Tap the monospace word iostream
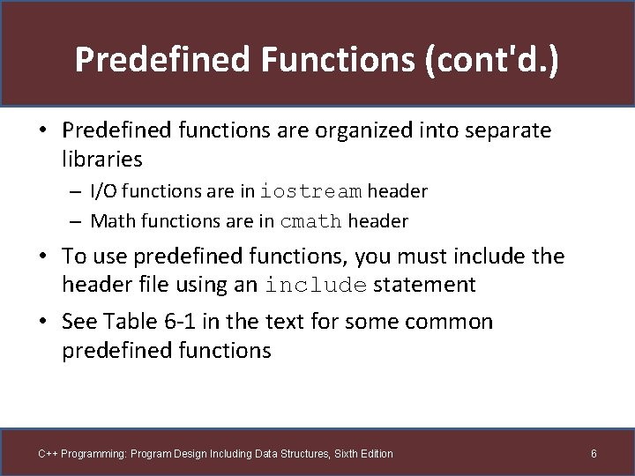point(310,191)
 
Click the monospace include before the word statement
point(316,285)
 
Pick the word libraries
point(101,159)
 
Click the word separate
point(506,131)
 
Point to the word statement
point(424,285)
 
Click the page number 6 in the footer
point(594,453)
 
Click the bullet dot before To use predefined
point(43,257)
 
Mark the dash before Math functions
point(78,221)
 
